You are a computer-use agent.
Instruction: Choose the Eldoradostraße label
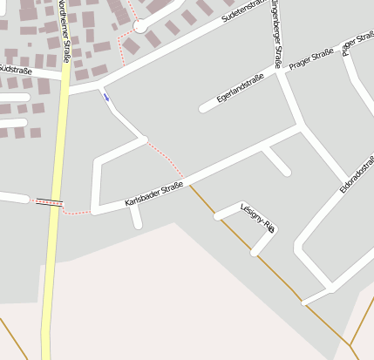tap(357, 174)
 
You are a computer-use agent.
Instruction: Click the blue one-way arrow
tap(106, 97)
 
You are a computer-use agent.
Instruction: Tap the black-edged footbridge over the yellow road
tap(50, 202)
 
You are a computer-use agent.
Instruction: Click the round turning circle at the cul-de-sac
tap(140, 27)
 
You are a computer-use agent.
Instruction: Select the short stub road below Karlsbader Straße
tap(136, 217)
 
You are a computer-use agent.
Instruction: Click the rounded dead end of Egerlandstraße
tap(203, 109)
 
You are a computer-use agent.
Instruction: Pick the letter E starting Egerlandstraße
tap(219, 101)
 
